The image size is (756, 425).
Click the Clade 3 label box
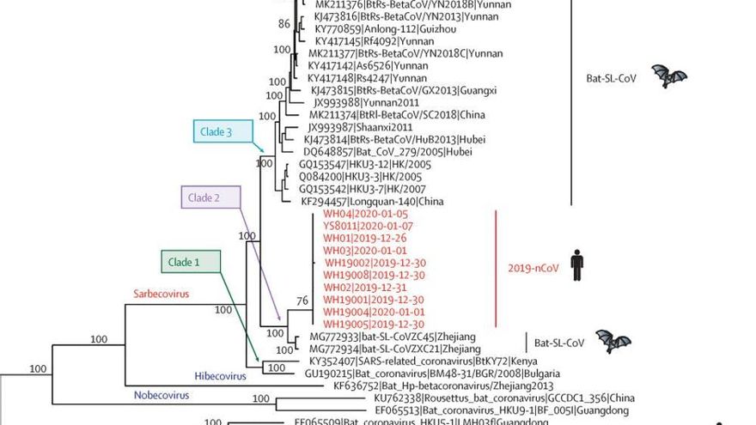coord(223,132)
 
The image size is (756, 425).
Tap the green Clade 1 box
coord(190,262)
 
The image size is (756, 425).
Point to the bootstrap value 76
coord(301,301)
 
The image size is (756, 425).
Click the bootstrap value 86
coord(284,24)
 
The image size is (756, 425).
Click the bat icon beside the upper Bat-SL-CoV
coord(669,77)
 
